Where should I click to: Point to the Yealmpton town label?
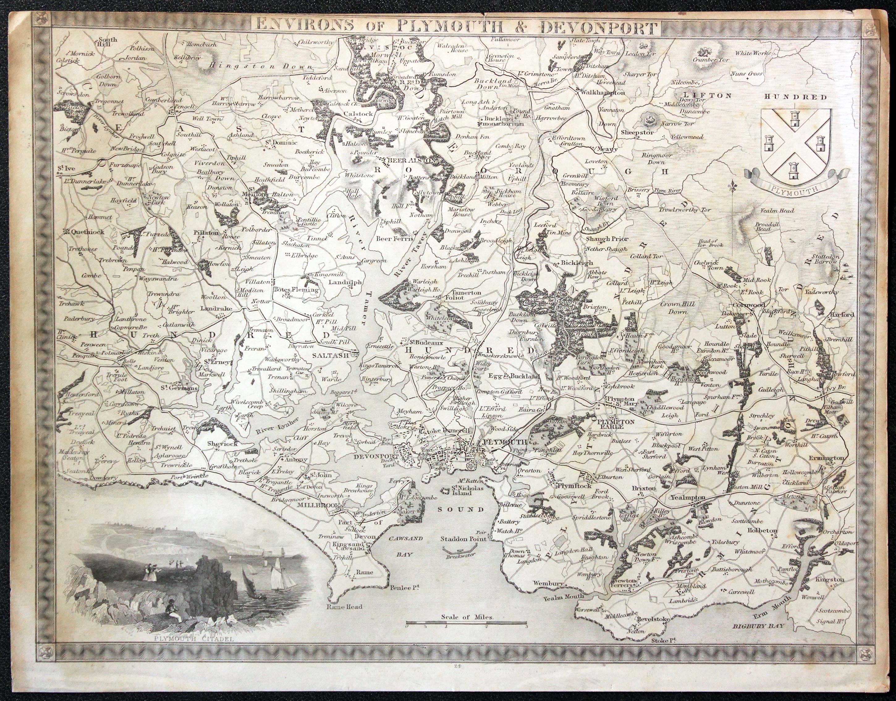pos(687,497)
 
